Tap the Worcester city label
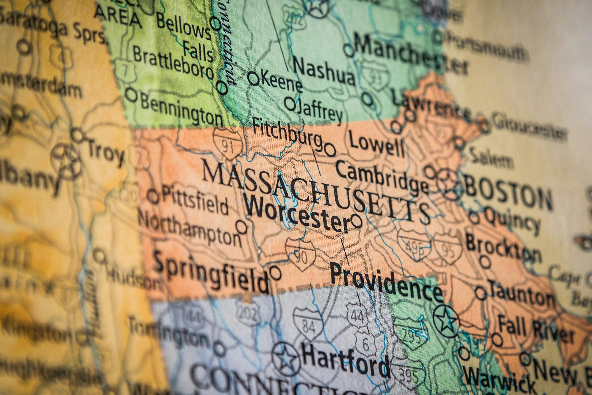click(x=297, y=215)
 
